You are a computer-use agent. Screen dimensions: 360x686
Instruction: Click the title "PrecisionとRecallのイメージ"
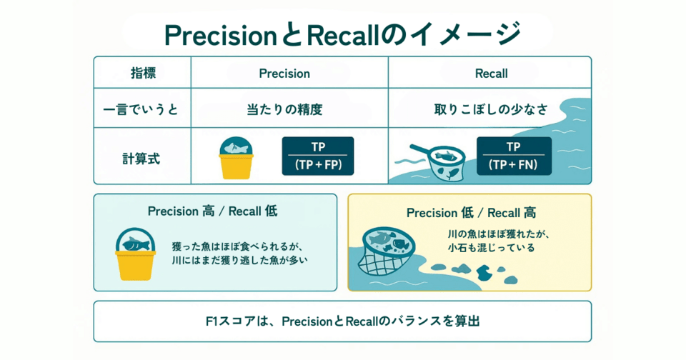tap(342, 34)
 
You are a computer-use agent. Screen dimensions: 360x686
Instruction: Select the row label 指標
tap(143, 73)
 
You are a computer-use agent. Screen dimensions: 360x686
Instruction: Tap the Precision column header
tap(284, 74)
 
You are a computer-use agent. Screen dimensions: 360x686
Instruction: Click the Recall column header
tap(491, 74)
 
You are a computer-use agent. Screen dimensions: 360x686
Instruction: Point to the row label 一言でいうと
tap(141, 110)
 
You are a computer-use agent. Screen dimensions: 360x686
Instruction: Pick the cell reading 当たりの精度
tap(284, 110)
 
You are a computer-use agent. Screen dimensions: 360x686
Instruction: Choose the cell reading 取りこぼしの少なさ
tap(491, 110)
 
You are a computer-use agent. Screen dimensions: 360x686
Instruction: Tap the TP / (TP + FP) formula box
tap(318, 156)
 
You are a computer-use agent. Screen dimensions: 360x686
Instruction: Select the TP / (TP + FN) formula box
tap(514, 156)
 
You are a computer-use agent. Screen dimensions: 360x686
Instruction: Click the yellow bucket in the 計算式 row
tap(237, 159)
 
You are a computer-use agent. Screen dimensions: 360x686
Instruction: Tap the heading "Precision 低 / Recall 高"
tap(471, 213)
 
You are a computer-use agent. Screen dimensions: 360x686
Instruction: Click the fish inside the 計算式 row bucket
tap(236, 149)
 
